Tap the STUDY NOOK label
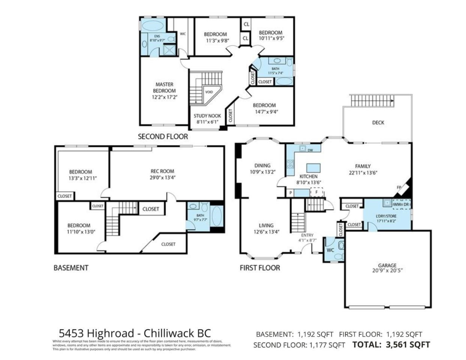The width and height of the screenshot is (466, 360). point(207,116)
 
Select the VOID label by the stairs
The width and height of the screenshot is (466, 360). point(209,92)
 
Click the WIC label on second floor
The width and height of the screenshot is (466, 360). point(183,34)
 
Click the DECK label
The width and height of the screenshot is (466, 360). point(377,123)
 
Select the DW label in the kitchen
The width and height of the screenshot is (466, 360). point(310,150)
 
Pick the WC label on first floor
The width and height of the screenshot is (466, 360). point(330,250)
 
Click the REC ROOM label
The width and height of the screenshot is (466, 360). point(162,171)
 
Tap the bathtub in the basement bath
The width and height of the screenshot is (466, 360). point(217,219)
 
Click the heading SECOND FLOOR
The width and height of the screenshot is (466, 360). point(163,137)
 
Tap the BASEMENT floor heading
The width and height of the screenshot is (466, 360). point(71,268)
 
